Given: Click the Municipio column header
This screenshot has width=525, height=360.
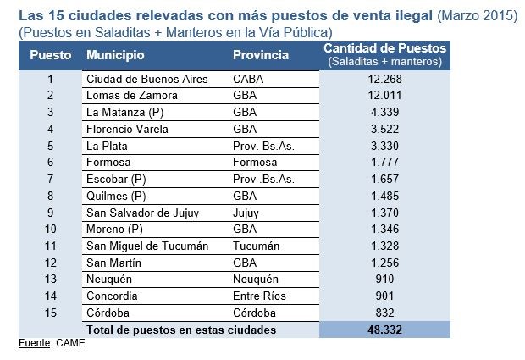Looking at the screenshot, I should pos(115,55).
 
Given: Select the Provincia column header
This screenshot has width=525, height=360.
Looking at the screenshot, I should pos(261,55).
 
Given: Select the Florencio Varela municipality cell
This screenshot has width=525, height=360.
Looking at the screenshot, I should pos(128,129).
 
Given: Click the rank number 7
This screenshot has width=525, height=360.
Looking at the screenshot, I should pos(51,179).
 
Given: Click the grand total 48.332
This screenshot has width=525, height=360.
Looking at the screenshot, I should pos(383,330).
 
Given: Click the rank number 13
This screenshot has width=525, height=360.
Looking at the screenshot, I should pos(51,279).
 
